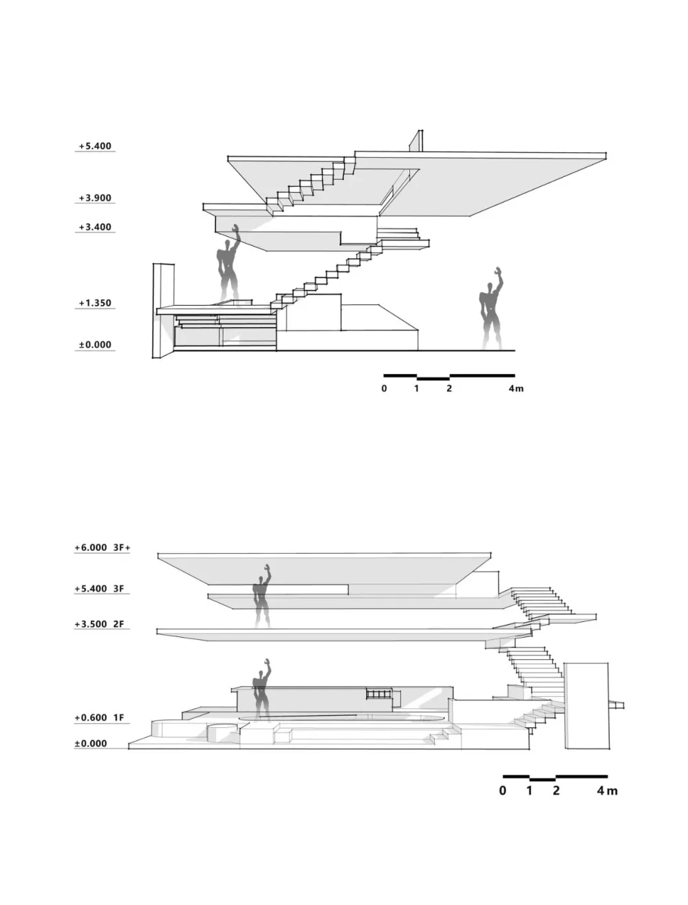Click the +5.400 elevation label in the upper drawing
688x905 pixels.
point(95,146)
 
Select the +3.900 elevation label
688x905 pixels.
point(95,198)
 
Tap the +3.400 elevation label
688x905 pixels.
point(95,227)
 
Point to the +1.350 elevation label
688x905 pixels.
point(95,303)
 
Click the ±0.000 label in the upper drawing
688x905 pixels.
point(95,344)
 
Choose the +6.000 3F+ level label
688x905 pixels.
point(103,548)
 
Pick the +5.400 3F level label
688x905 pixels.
point(99,588)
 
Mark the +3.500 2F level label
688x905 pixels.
point(99,624)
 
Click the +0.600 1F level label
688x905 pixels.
point(99,718)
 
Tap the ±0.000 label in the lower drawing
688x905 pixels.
point(91,743)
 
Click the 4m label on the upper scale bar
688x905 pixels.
point(516,388)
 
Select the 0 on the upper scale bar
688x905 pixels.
point(384,388)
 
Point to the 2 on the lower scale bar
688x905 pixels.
point(556,791)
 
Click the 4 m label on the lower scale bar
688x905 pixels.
point(608,791)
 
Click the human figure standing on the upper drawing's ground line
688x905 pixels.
point(491,309)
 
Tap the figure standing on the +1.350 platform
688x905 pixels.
point(228,265)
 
